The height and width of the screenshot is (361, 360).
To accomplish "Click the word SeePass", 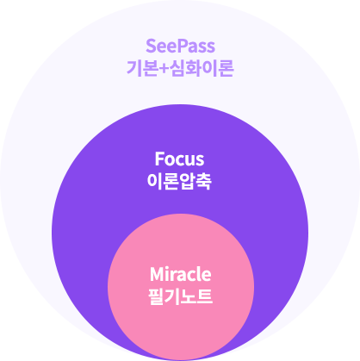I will (180, 46).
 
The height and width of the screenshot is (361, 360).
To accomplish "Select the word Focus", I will (180, 159).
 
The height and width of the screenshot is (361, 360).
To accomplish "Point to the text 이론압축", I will (180, 183).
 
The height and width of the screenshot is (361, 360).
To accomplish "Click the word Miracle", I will (180, 275).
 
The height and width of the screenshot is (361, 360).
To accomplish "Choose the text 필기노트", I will (180, 298).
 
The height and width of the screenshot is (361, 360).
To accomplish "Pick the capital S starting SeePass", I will (152, 46).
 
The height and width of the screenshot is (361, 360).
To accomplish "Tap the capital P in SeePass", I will (183, 46).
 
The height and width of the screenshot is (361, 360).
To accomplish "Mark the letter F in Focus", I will (159, 159).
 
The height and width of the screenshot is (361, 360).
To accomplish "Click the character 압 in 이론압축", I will (190, 183).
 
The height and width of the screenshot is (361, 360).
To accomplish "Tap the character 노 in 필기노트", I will (189, 298).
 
